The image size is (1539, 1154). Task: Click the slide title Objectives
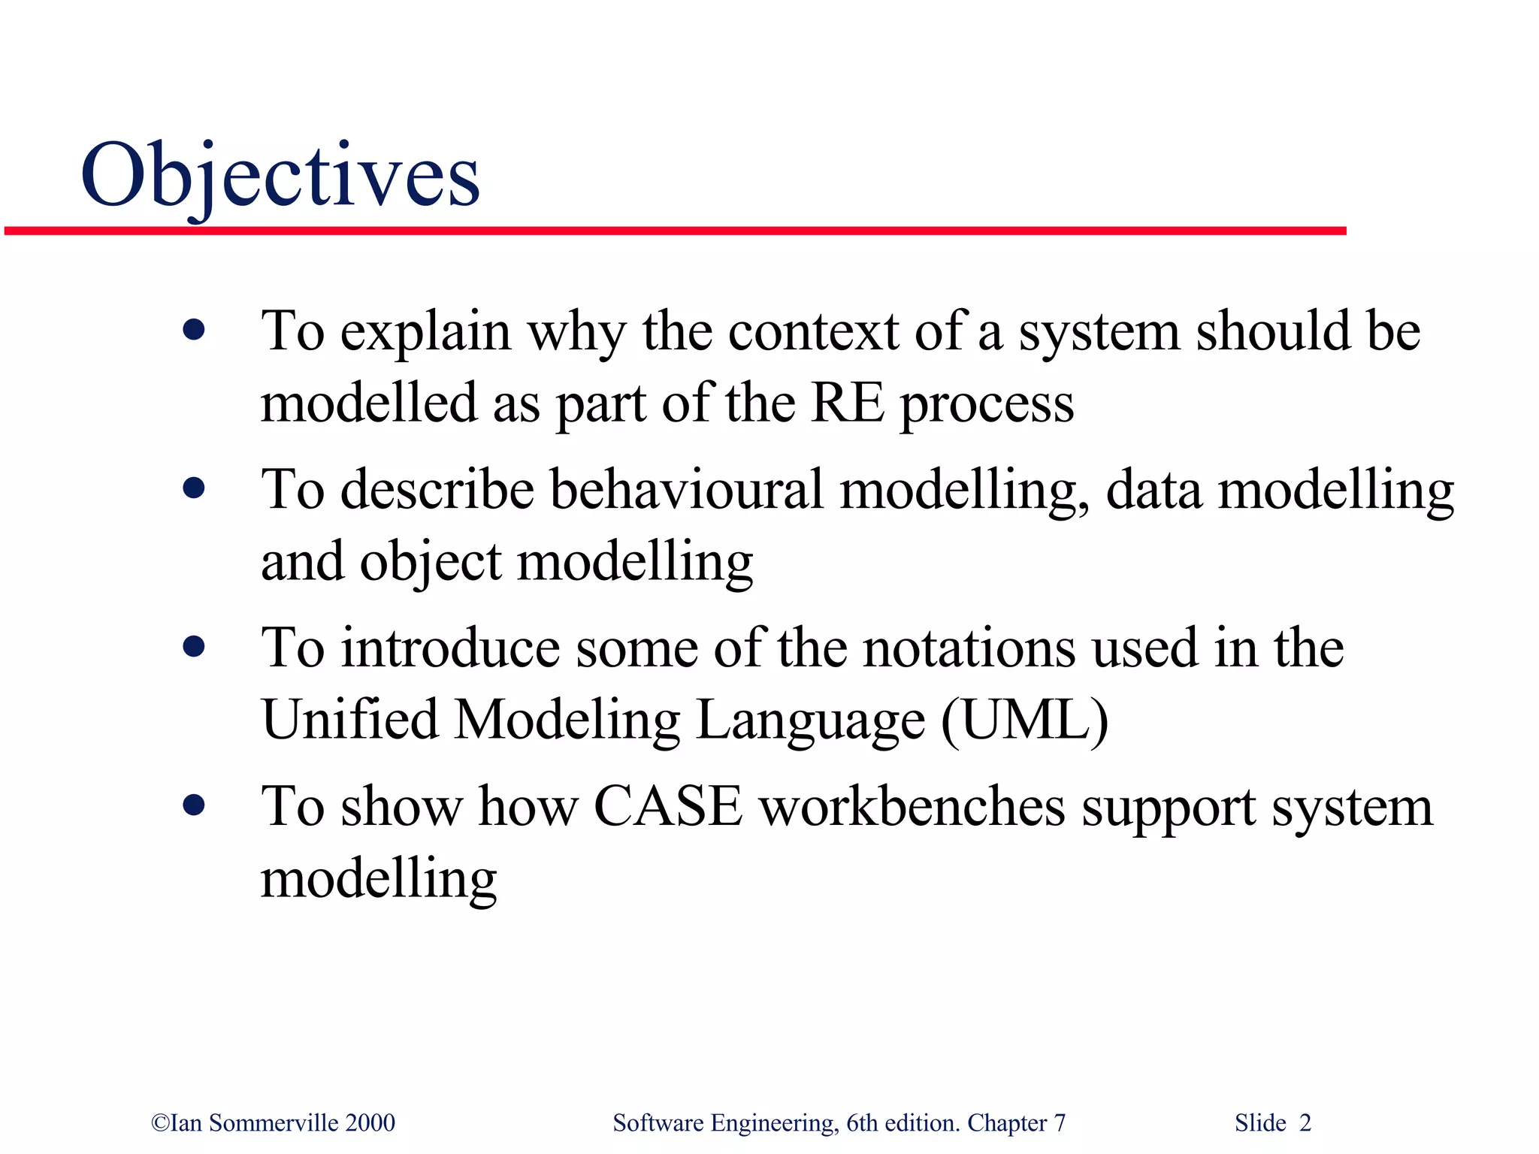(280, 177)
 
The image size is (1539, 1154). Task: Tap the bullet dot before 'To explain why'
(194, 330)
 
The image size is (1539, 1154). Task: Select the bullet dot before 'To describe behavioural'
(194, 488)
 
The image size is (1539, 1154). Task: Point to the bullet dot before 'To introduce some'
(194, 647)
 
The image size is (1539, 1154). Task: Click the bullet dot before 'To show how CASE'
(194, 805)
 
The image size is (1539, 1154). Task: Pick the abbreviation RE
(847, 403)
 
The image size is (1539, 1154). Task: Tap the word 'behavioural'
(687, 490)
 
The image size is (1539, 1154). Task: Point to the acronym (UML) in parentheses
(1025, 720)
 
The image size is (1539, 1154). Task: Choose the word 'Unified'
(349, 720)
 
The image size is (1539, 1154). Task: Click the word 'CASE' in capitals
(668, 807)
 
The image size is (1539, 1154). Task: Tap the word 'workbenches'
(912, 807)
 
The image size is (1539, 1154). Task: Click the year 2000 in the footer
(370, 1122)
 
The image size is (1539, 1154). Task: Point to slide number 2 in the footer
(1305, 1122)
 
